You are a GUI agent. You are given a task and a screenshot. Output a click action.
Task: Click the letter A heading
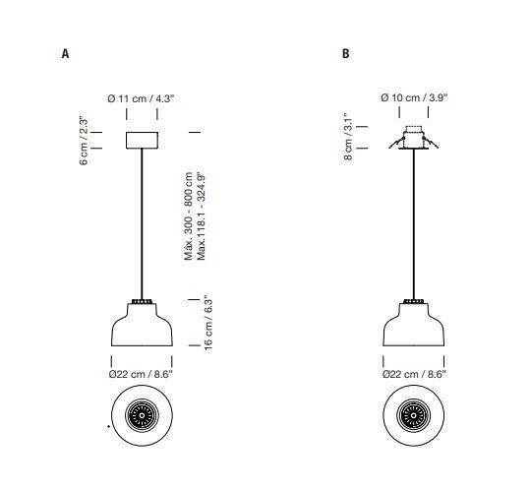pyautogui.click(x=65, y=54)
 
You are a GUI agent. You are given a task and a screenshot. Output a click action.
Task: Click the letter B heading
pyautogui.click(x=345, y=54)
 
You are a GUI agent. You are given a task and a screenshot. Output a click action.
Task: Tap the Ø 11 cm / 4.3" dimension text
pyautogui.click(x=141, y=98)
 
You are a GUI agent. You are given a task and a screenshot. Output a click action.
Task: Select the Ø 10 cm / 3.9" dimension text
pyautogui.click(x=414, y=97)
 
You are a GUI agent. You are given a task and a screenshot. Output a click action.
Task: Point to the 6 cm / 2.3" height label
pyautogui.click(x=84, y=141)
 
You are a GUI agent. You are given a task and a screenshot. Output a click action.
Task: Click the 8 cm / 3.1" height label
pyautogui.click(x=348, y=136)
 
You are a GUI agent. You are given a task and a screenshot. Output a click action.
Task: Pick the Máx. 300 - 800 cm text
pyautogui.click(x=188, y=216)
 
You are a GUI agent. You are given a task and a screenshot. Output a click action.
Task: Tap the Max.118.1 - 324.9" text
pyautogui.click(x=202, y=216)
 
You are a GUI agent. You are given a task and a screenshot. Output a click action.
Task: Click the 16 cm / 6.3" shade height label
pyautogui.click(x=208, y=323)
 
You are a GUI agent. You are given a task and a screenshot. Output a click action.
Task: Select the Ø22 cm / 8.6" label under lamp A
pyautogui.click(x=141, y=374)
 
